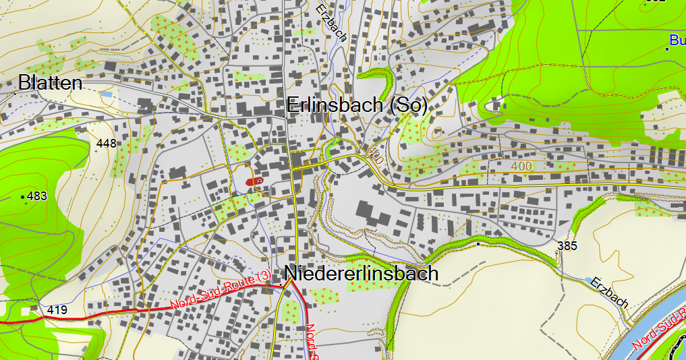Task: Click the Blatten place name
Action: [51, 83]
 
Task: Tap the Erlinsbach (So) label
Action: [357, 106]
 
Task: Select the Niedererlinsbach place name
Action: [362, 274]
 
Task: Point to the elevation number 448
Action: [107, 143]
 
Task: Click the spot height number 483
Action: [36, 196]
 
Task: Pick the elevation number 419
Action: [57, 310]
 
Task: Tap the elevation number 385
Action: [568, 246]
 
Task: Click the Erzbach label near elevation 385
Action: [608, 293]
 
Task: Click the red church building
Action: [254, 181]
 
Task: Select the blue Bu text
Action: [678, 40]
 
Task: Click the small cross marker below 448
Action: [96, 151]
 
